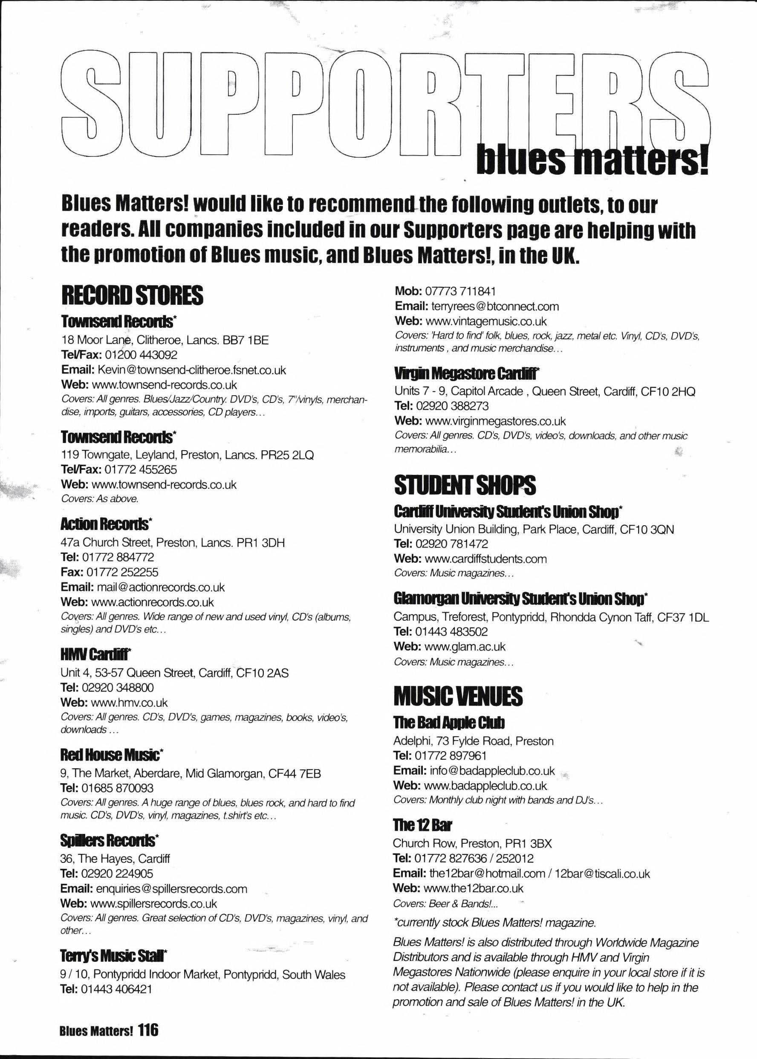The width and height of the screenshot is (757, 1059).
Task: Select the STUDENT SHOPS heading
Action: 465,485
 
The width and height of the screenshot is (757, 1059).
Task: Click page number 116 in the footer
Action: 149,1030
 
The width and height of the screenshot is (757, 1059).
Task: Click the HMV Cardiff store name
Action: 95,655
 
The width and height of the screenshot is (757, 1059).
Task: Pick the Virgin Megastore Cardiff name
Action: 467,373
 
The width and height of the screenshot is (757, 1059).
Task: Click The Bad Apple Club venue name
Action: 449,723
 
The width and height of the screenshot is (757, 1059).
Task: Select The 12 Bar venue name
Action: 422,825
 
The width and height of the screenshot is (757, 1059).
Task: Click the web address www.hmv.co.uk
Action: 129,703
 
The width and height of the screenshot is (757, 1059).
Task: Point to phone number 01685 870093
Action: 118,788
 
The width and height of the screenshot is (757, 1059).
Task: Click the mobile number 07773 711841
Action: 457,291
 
